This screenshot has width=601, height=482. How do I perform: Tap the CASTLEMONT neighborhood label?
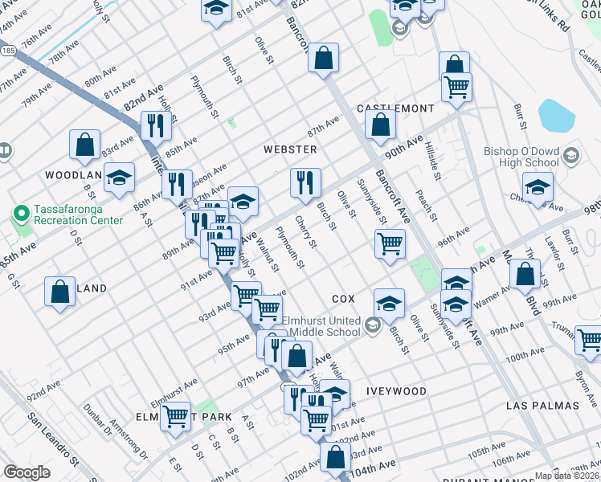(395, 108)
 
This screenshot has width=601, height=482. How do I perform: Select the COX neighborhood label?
(343, 298)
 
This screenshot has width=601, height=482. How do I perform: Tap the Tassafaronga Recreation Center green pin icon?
(20, 214)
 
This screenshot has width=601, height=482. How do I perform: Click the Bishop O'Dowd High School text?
(521, 157)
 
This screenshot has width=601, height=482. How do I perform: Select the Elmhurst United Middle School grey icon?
(372, 326)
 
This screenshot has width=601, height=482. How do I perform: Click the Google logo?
(26, 472)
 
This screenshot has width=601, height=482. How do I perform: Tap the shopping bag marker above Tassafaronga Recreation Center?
(84, 145)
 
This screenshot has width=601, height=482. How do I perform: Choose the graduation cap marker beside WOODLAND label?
(120, 179)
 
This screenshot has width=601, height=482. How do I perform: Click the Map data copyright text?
(567, 476)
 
